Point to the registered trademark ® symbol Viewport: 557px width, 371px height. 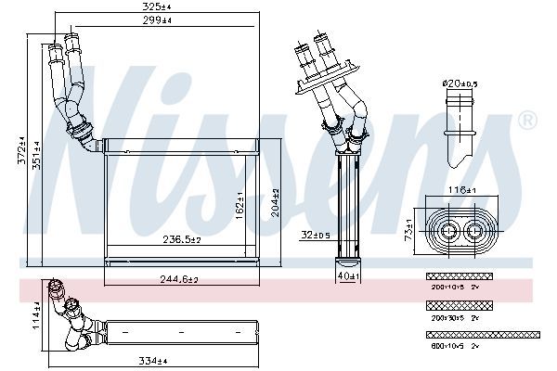pos(526,121)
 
